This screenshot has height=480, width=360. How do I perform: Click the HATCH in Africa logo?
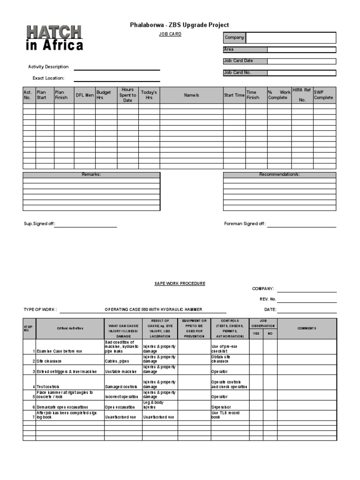[54, 38]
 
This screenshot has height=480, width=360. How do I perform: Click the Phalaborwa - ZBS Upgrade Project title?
[179, 25]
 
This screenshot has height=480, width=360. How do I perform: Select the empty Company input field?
[291, 37]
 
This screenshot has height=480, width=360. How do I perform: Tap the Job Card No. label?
[238, 73]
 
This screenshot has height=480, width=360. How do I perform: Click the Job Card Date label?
[239, 61]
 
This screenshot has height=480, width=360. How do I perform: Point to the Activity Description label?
[48, 67]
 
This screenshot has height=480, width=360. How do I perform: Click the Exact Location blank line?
[117, 78]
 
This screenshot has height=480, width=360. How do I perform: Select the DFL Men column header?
[84, 95]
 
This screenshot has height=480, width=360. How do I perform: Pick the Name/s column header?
[191, 95]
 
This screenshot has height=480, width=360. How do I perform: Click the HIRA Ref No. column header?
[302, 95]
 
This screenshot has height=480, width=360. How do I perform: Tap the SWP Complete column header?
[324, 95]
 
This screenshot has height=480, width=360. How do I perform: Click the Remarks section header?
[91, 174]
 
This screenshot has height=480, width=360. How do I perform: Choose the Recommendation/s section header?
[279, 174]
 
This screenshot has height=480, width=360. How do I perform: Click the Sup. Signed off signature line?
[86, 225]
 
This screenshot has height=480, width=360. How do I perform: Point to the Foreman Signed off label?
[245, 224]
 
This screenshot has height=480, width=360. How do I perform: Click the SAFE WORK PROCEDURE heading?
[180, 284]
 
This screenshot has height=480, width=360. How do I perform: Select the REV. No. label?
[268, 299]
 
